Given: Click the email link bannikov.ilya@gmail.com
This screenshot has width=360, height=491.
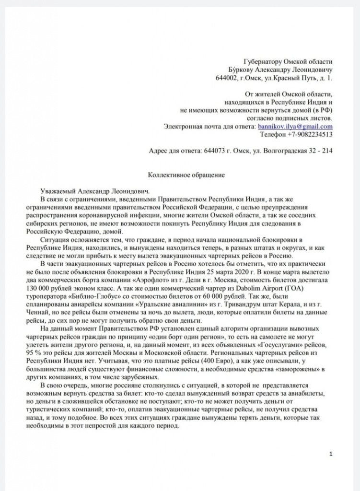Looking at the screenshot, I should point(295,127).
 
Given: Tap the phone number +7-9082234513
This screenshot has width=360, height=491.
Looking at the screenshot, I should point(310,134).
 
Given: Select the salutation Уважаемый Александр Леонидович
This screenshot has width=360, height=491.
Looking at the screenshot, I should point(92,191).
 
